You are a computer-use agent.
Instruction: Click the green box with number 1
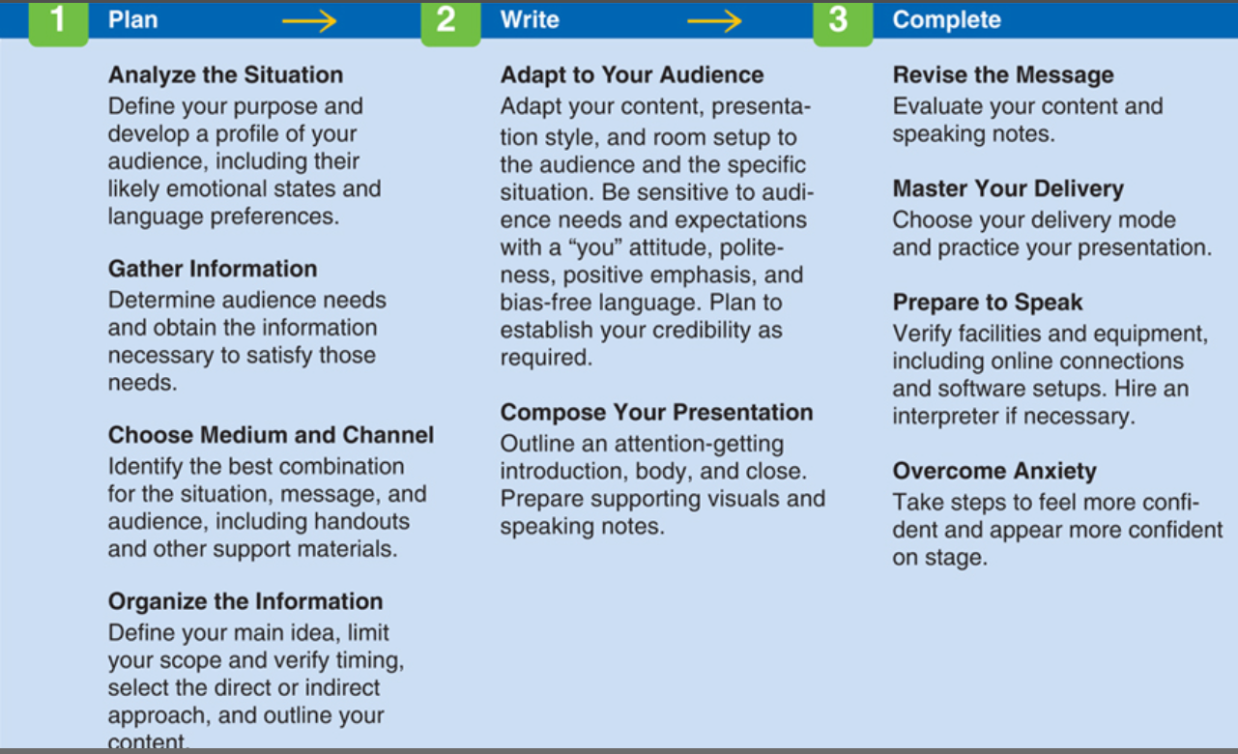tap(58, 21)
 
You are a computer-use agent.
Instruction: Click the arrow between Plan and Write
tap(309, 21)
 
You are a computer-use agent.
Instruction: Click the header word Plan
tap(132, 20)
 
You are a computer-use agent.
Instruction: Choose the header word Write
tap(530, 20)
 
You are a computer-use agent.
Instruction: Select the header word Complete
tap(946, 20)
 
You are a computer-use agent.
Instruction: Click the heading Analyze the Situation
tap(225, 75)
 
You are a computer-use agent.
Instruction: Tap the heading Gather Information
tap(213, 269)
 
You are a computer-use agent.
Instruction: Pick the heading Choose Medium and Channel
tap(271, 435)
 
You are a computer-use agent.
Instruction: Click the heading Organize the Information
tap(245, 602)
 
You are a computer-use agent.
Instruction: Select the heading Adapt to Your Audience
tap(632, 75)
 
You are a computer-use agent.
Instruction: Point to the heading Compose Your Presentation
tap(656, 413)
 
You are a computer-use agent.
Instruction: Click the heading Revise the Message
tap(1003, 75)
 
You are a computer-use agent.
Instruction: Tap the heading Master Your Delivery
tap(1008, 189)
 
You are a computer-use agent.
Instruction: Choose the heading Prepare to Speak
tap(988, 304)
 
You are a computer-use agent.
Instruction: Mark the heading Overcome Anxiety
tap(994, 472)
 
